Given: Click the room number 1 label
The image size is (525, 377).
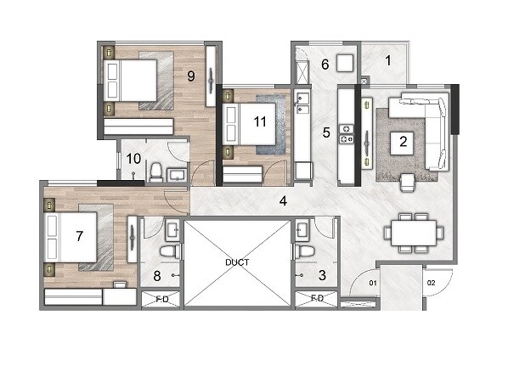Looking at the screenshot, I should click(387, 61).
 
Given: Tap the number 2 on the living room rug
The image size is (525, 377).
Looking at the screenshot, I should click(404, 143).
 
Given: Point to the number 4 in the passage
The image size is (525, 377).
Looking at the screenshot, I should click(284, 202).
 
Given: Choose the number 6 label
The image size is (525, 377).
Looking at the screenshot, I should click(325, 64).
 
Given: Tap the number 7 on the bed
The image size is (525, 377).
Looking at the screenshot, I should click(80, 235).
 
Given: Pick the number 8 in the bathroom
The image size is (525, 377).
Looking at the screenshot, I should click(156, 274).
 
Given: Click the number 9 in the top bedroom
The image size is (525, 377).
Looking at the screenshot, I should click(191, 76).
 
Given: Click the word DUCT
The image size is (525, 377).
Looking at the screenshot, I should click(238, 262).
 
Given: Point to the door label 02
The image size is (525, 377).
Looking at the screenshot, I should click(431, 282).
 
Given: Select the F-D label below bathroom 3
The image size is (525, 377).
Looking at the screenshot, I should click(317, 299).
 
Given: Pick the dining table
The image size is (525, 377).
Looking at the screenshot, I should click(413, 232).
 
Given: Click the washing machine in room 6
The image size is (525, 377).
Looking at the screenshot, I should click(344, 64).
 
